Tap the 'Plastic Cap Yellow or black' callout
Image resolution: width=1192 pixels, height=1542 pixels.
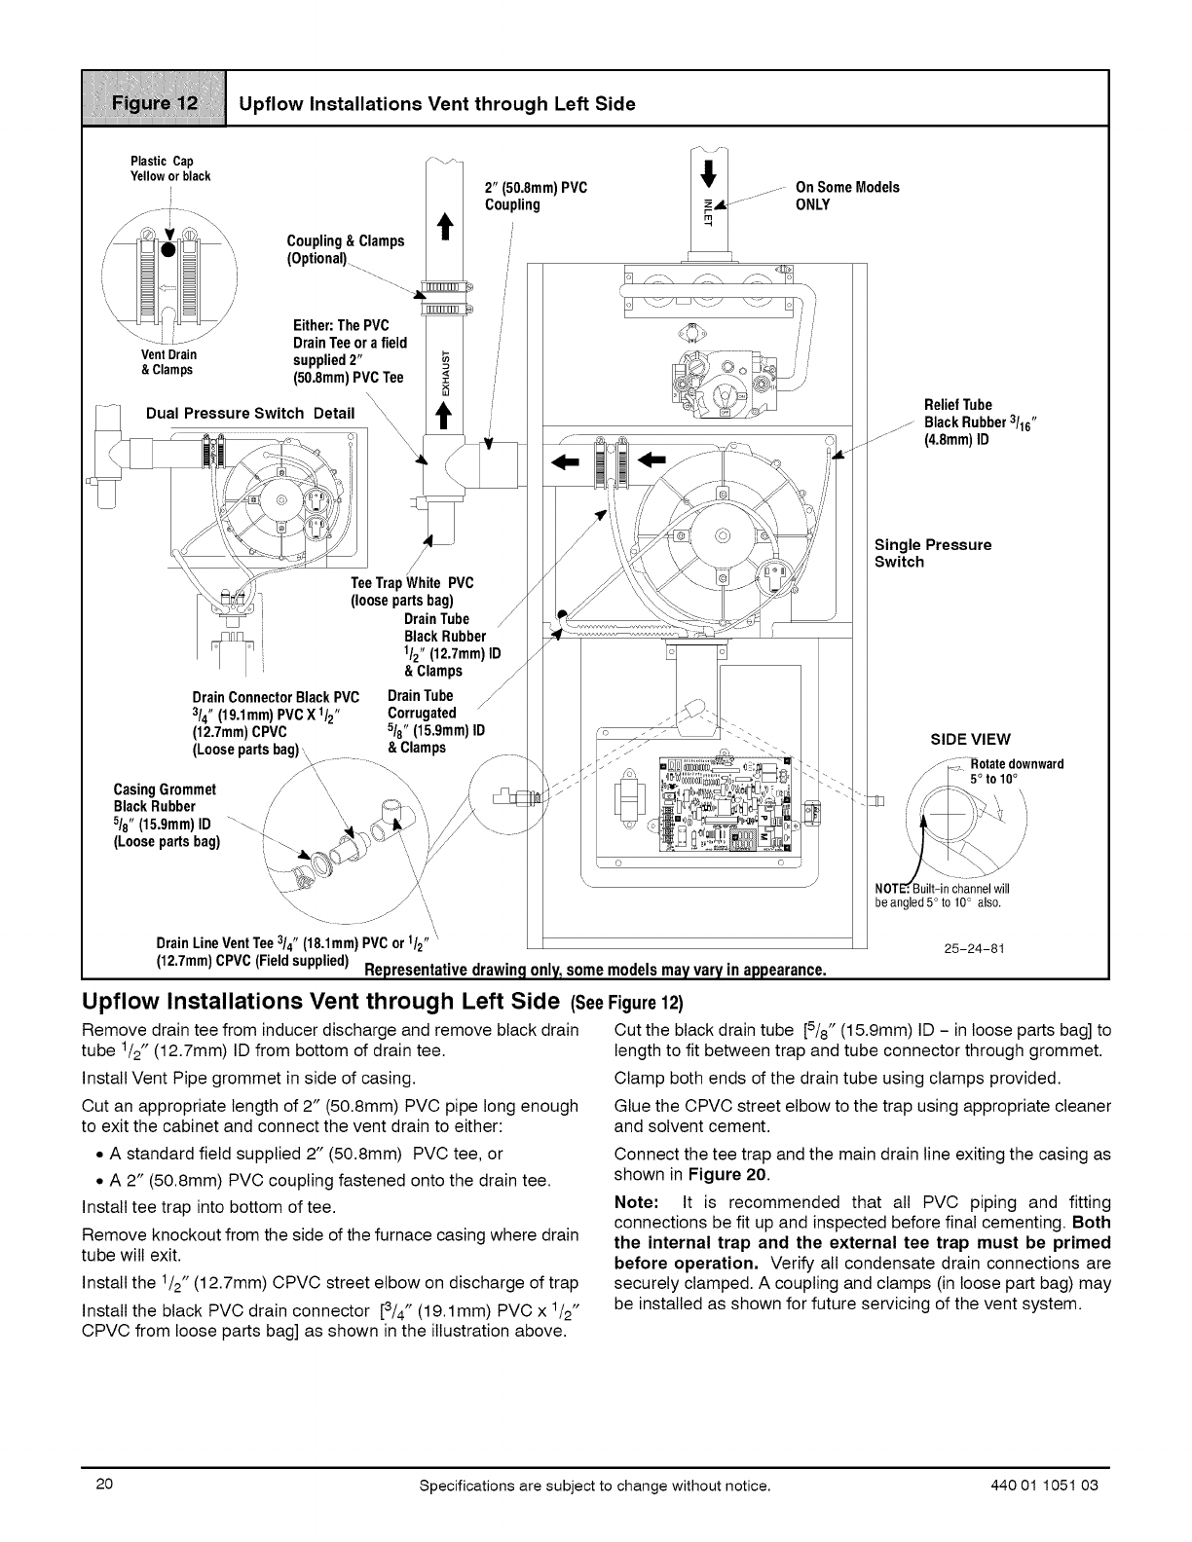163,168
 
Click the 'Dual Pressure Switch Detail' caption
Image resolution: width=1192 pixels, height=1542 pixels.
249,413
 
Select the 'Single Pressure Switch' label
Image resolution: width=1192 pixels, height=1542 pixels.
932,553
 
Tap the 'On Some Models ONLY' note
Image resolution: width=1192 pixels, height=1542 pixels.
847,195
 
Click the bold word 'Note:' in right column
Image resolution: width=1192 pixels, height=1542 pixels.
638,1202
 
